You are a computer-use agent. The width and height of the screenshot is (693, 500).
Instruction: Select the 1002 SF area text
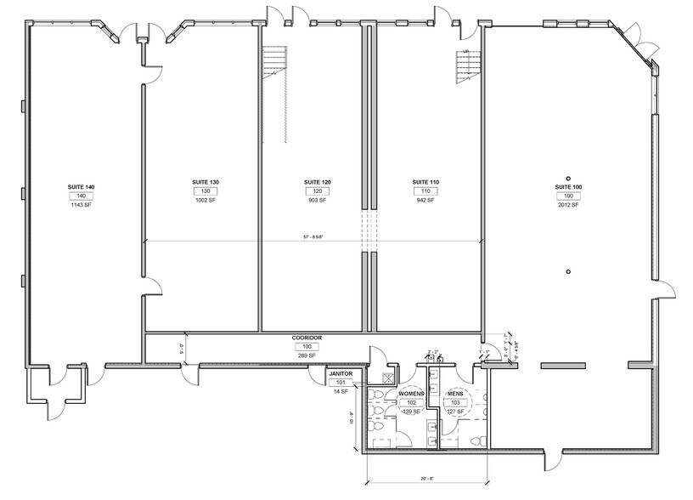pos(206,201)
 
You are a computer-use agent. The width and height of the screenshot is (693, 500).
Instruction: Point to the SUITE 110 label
pos(425,182)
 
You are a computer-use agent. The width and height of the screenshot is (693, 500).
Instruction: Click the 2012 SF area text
pos(568,205)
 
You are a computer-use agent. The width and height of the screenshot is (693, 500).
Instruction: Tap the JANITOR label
pos(341,373)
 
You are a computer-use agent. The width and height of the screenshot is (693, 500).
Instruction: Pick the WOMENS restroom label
pos(412,394)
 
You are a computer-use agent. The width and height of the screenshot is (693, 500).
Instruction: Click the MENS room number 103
pos(455,402)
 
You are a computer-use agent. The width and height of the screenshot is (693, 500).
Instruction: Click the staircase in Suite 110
pos(466,66)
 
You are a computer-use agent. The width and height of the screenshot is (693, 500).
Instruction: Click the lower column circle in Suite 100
pos(568,271)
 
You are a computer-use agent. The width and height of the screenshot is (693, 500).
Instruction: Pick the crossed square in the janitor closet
pos(390,380)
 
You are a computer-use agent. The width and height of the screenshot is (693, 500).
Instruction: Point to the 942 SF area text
pos(425,201)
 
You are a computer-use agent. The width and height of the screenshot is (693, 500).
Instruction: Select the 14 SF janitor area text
pos(341,391)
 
